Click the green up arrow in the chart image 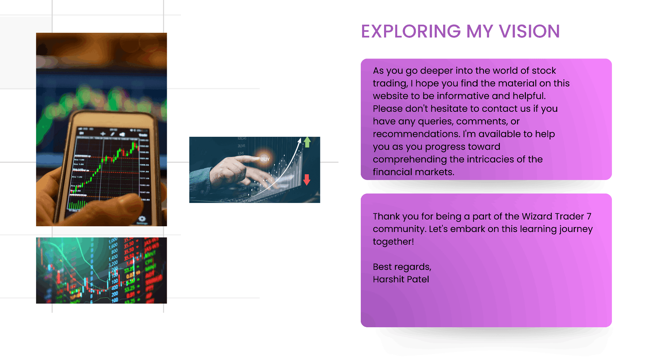307,142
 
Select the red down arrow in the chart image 306,180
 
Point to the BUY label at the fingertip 265,159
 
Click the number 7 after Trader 589,216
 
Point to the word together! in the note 393,241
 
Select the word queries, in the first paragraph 436,121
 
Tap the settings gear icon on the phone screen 142,219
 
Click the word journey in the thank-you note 576,229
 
